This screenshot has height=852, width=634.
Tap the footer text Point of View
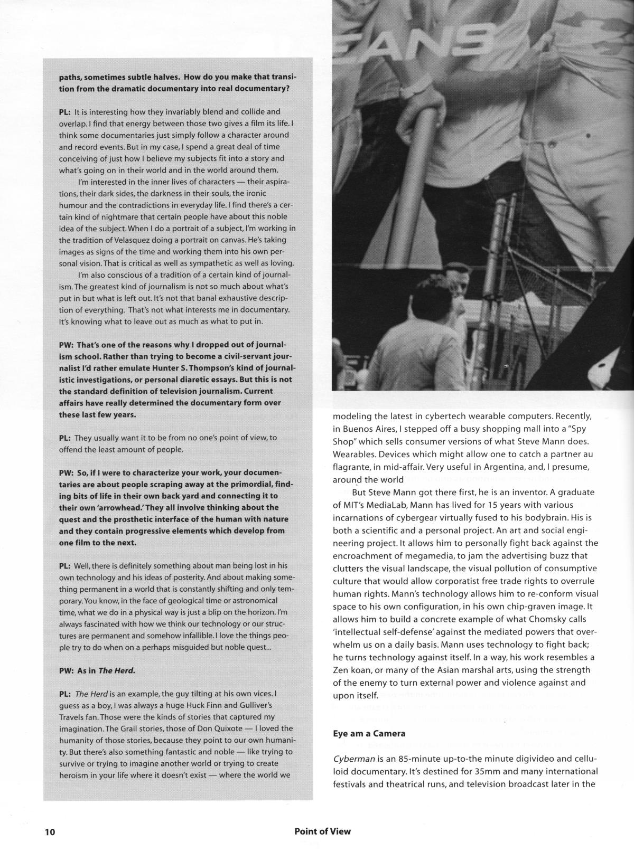pos(322,831)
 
